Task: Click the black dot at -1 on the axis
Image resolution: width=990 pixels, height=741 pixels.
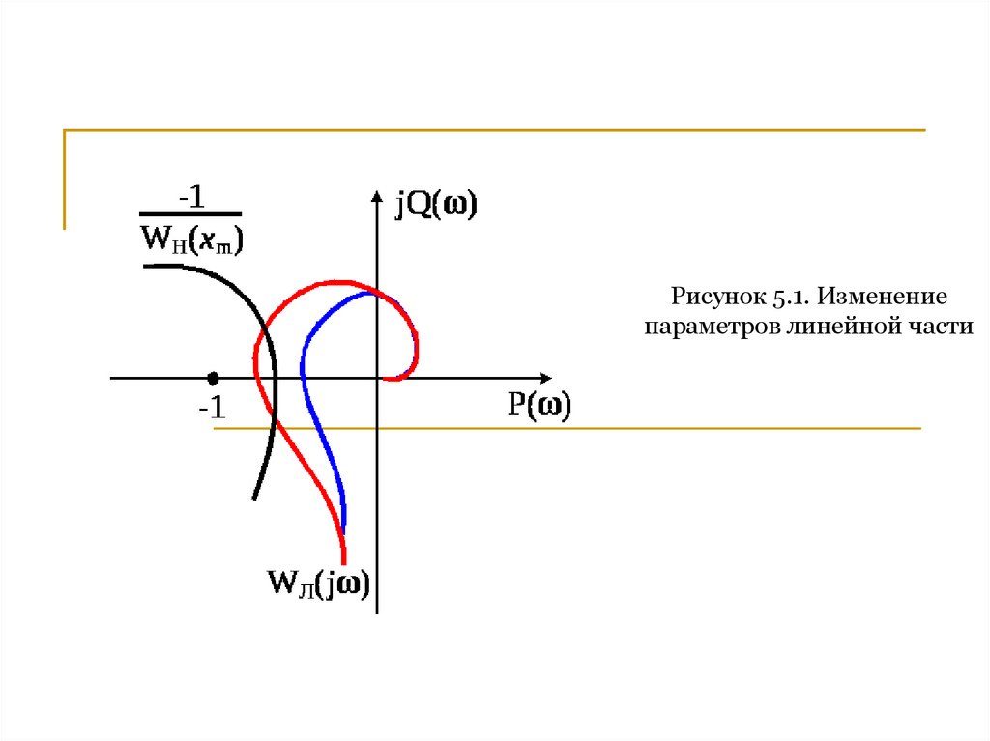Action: [213, 377]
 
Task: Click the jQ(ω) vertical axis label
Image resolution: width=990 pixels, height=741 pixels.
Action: [435, 206]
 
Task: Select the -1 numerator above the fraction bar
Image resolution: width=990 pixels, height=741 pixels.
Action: [190, 196]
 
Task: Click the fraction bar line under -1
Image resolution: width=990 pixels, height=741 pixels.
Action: [190, 214]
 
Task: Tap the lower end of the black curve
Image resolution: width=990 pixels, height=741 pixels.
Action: [253, 498]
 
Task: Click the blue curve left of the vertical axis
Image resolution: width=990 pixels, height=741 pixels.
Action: [304, 367]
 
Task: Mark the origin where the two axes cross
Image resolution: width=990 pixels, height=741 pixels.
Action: [377, 378]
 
